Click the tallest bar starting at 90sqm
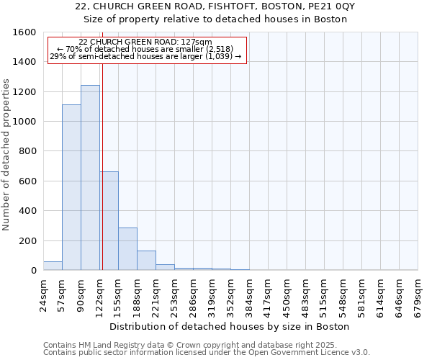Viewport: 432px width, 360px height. coord(90,178)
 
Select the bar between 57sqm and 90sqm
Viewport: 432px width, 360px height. coord(71,187)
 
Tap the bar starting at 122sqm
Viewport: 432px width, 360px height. coord(109,221)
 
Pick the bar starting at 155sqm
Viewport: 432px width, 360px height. coord(127,249)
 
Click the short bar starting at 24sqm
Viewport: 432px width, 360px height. coord(53,266)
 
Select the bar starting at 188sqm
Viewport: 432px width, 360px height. coord(146,261)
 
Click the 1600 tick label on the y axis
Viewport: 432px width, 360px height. coord(24,32)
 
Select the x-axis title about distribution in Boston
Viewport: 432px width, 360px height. coord(230,326)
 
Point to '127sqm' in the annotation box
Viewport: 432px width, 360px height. coord(197,42)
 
